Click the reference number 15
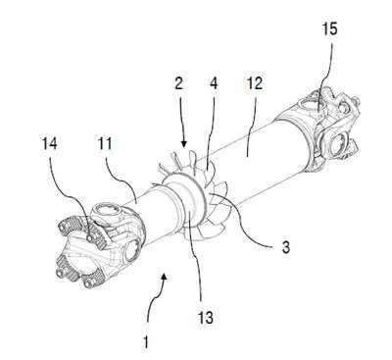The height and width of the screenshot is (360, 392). coord(329,29)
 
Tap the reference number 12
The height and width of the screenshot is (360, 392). coord(255,83)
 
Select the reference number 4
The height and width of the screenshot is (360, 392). coord(214,83)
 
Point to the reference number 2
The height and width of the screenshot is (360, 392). coord(178,83)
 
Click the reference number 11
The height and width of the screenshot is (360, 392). coord(105,144)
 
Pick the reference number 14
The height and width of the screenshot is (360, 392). coord(50,144)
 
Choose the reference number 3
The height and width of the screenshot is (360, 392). coord(285,247)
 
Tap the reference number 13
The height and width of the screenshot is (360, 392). coord(206,317)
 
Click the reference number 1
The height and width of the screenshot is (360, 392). coord(146,342)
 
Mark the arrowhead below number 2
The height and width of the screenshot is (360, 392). coord(184,143)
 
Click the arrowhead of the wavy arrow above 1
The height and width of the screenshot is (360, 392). coord(165,278)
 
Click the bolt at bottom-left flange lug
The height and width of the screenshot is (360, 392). coord(63,273)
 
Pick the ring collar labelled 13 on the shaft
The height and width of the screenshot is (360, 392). coord(189,199)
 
